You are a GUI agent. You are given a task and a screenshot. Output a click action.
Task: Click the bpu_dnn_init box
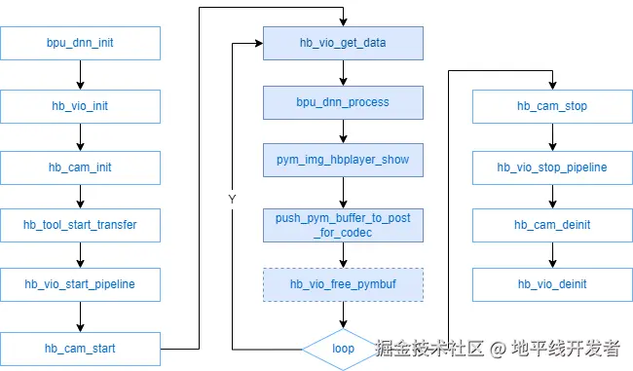(x=80, y=44)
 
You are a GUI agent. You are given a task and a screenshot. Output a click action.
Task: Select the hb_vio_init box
(x=80, y=106)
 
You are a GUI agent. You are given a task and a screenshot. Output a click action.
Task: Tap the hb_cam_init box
(x=80, y=167)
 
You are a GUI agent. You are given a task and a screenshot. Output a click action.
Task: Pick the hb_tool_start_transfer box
(x=80, y=225)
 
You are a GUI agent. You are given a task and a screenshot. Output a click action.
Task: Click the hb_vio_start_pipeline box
(x=80, y=284)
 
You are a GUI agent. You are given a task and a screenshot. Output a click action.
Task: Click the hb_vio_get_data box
(x=343, y=43)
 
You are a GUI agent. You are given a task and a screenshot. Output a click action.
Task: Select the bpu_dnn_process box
(x=343, y=102)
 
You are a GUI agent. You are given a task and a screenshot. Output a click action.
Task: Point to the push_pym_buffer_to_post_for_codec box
(x=343, y=225)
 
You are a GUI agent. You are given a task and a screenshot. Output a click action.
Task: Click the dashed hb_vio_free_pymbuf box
(x=343, y=284)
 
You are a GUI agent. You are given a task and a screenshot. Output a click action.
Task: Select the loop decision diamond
(x=343, y=348)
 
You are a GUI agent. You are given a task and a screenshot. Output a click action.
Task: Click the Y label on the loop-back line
(x=232, y=199)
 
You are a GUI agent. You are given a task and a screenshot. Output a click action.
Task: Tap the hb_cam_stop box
(x=551, y=106)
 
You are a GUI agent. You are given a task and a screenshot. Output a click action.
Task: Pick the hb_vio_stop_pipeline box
(x=551, y=167)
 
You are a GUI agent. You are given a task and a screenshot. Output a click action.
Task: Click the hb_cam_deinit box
(x=551, y=225)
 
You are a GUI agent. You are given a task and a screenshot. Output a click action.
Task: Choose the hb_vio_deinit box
(x=551, y=284)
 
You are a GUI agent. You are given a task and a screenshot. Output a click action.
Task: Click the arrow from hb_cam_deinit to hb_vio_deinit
(x=551, y=255)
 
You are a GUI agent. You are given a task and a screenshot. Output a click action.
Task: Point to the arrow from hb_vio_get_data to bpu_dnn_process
(x=343, y=73)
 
